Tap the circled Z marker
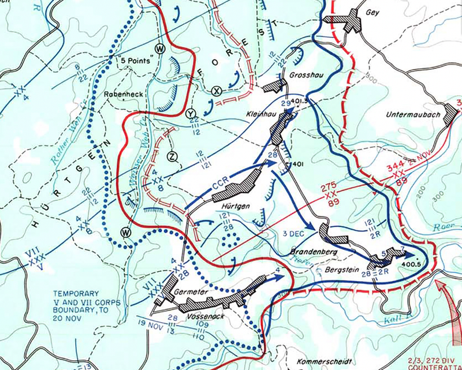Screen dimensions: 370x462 point(171,155)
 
